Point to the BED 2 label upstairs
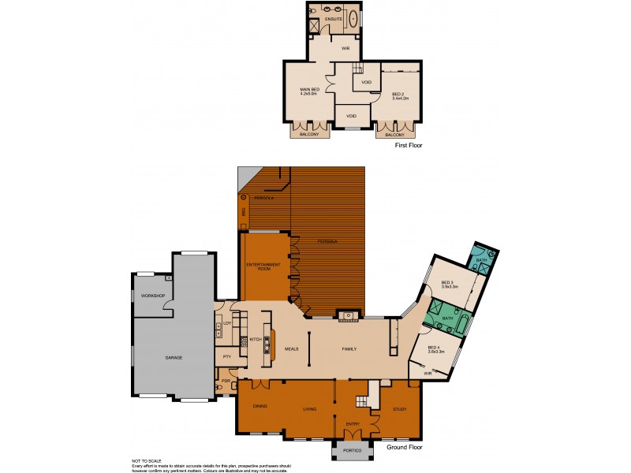click(x=399, y=95)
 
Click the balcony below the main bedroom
click(x=309, y=134)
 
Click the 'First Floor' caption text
click(x=409, y=147)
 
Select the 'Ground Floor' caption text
click(x=405, y=447)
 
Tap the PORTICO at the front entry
click(x=353, y=450)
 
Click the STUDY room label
click(x=393, y=409)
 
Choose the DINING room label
click(x=259, y=406)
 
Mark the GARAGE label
click(x=174, y=358)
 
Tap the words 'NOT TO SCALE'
click(x=147, y=460)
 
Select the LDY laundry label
click(x=226, y=323)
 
